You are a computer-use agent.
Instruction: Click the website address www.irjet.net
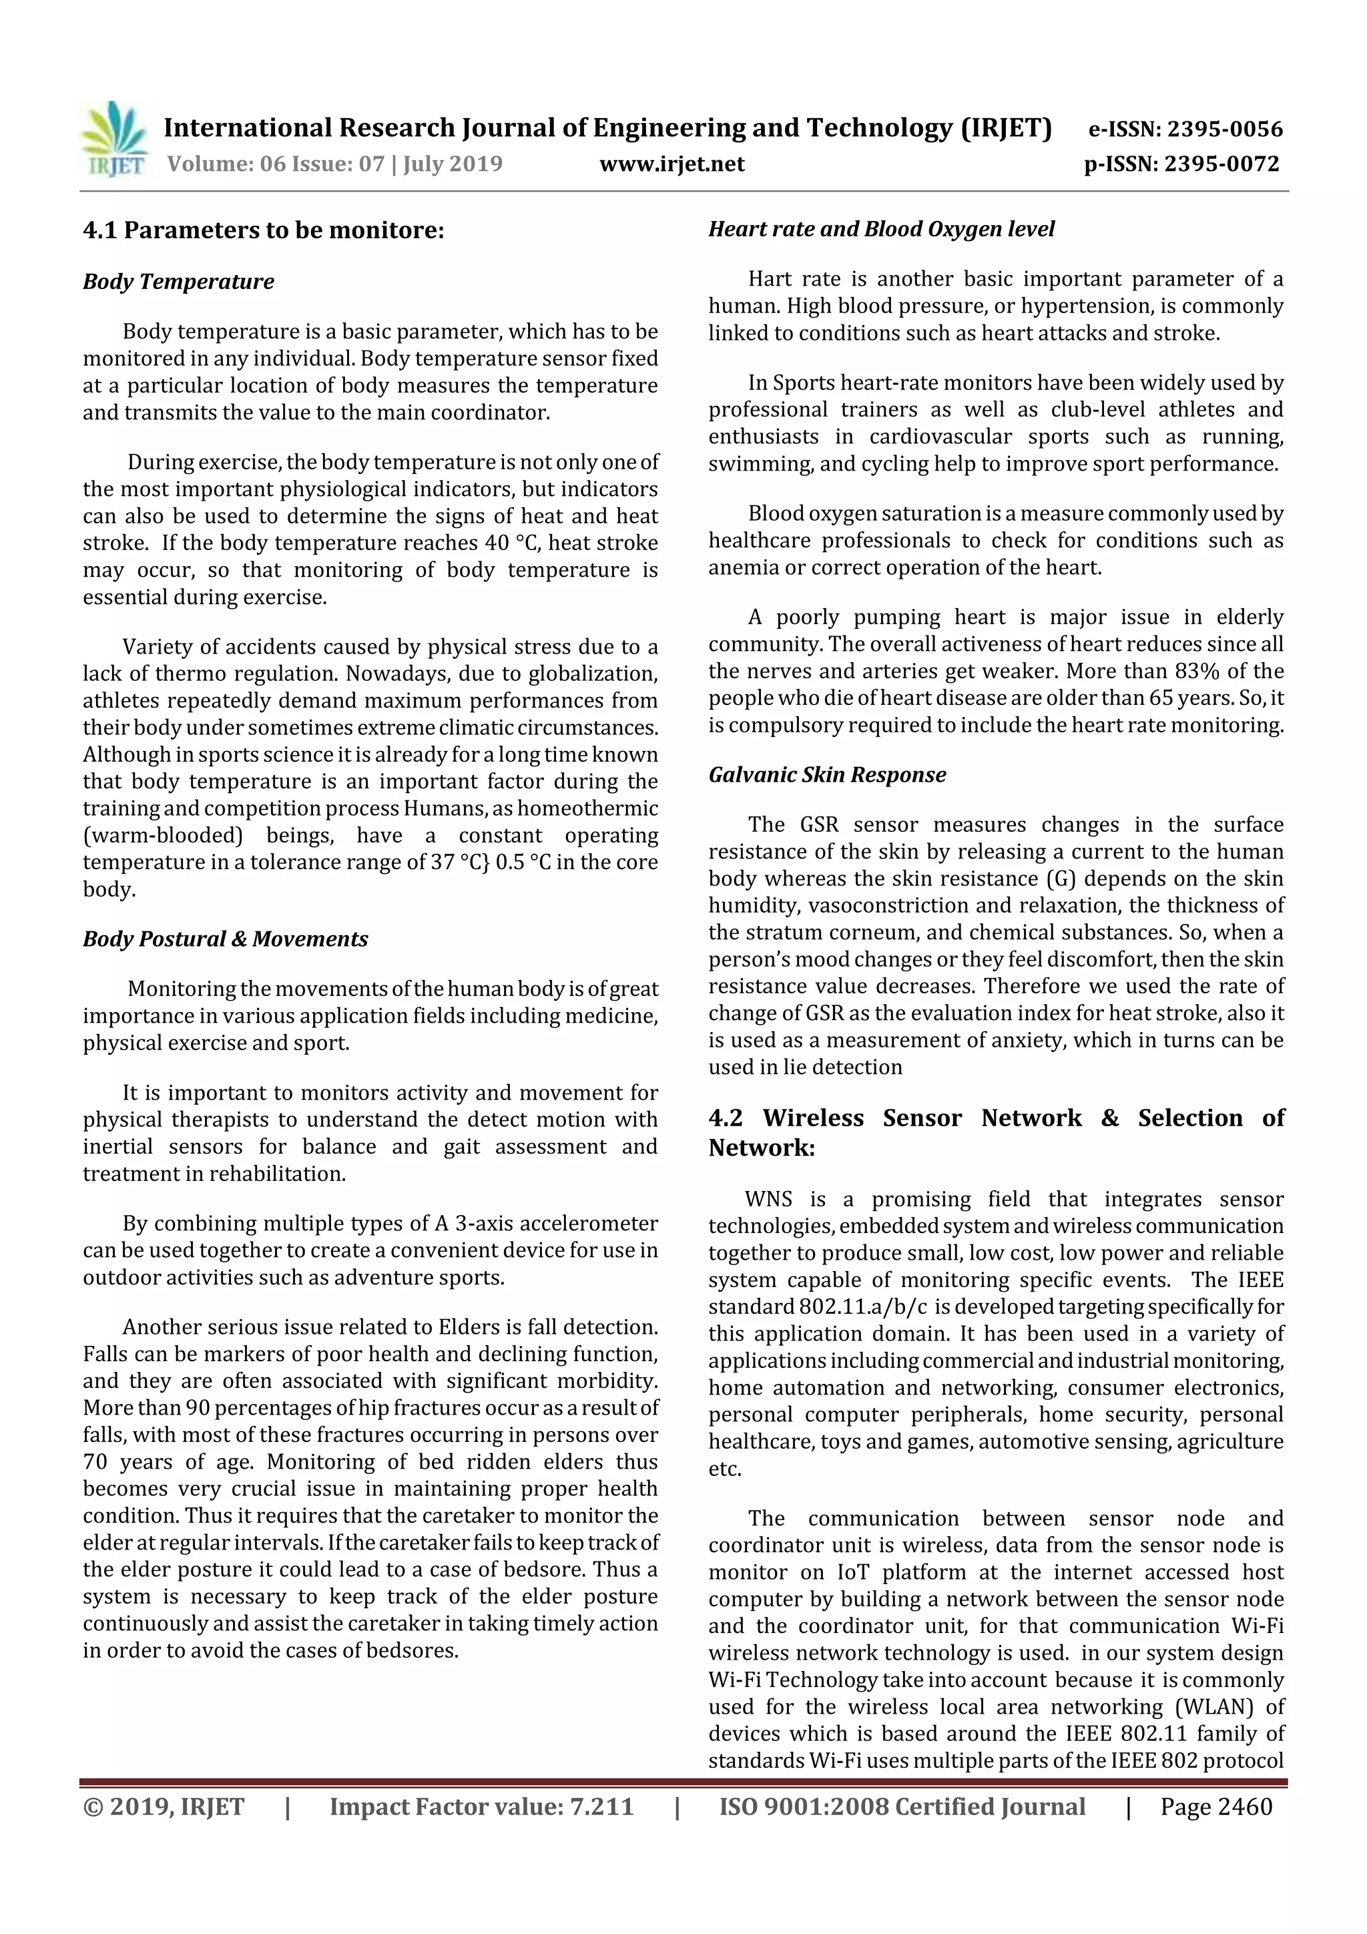pos(671,164)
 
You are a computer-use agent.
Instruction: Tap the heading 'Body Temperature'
pos(179,281)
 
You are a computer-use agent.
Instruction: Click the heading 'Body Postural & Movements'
pos(225,939)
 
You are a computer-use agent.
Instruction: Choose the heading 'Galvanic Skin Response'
pos(826,774)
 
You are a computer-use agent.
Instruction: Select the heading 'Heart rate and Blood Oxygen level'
pos(881,229)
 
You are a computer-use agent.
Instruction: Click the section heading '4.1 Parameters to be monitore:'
pos(263,230)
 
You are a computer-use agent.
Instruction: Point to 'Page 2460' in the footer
pos(1215,1806)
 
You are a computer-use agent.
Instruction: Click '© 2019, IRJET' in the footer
pos(164,1806)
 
